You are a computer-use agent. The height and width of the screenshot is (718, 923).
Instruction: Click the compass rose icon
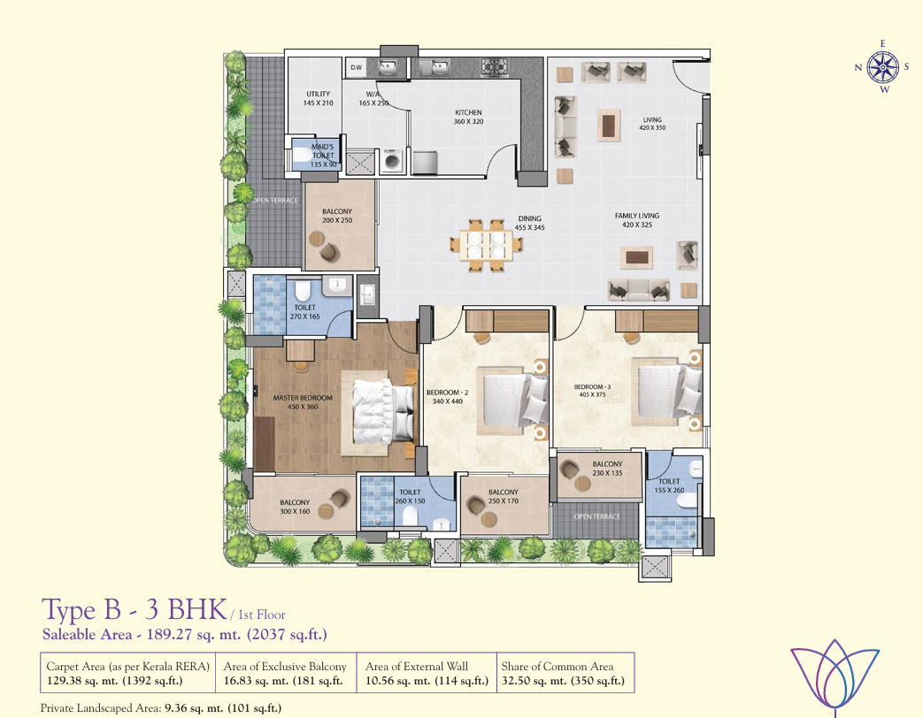883,66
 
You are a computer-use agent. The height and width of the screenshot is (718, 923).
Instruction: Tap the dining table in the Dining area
486,245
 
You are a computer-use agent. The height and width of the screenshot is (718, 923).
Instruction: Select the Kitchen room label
468,117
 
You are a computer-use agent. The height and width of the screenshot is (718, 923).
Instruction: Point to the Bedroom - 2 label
448,397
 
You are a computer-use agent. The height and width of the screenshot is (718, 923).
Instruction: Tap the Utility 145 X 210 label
319,98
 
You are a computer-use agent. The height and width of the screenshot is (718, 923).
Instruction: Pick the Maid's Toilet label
323,156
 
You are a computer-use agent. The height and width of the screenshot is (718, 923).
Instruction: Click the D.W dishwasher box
357,67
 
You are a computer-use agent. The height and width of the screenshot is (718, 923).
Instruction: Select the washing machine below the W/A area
391,161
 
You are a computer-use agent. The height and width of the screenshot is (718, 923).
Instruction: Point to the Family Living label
637,220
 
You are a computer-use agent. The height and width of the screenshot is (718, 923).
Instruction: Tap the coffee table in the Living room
609,125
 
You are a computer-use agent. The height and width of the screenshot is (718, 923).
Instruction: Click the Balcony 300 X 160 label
295,507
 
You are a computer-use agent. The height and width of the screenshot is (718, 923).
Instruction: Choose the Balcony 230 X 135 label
607,469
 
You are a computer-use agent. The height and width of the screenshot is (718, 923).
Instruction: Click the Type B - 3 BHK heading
135,609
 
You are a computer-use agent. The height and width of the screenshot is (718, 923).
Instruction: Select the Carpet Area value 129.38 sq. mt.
115,681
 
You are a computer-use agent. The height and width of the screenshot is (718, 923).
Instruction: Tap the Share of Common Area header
558,666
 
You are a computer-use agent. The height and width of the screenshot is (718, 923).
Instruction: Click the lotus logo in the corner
835,676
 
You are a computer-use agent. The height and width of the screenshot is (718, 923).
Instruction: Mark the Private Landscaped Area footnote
161,708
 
